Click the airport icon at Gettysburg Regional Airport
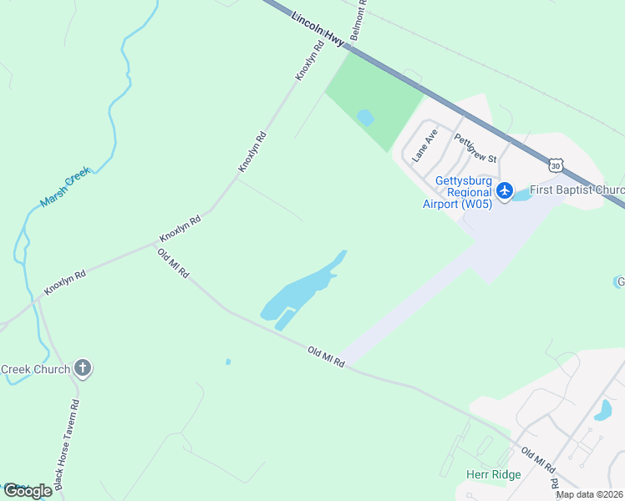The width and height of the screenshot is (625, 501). (x=504, y=191)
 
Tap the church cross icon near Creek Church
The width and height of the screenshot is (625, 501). (x=82, y=367)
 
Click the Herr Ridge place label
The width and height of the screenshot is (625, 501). (x=493, y=474)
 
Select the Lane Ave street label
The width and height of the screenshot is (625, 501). (x=425, y=145)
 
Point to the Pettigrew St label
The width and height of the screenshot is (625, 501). (x=475, y=148)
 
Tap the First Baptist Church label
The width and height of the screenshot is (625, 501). (x=577, y=190)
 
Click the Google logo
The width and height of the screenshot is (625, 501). (x=28, y=491)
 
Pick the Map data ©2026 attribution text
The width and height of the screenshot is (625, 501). (x=589, y=494)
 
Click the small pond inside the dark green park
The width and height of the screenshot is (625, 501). (x=365, y=118)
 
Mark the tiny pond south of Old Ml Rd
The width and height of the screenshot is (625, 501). (x=227, y=362)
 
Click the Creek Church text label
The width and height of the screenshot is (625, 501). (x=34, y=368)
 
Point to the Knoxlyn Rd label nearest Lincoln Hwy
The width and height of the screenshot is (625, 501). (x=309, y=62)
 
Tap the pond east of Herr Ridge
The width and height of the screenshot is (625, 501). (x=602, y=410)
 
